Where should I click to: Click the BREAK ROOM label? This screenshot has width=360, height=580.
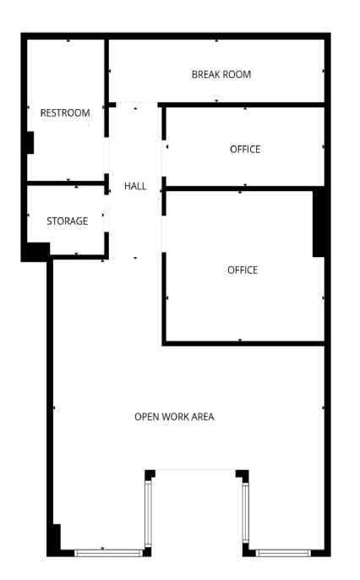point(221,74)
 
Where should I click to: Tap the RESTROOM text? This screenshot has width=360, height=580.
point(65,112)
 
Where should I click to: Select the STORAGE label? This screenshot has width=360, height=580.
point(68,222)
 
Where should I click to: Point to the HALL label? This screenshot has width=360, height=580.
point(135,186)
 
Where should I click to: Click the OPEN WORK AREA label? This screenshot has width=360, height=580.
point(174,417)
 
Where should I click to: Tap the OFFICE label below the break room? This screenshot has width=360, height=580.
point(245,149)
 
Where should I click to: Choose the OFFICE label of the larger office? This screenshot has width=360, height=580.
point(243,270)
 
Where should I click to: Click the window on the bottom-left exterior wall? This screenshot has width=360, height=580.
point(108,553)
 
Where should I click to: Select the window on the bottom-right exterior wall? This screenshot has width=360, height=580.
point(283,553)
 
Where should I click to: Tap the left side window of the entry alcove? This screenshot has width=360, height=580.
point(148,514)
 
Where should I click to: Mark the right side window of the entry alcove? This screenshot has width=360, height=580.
point(246,512)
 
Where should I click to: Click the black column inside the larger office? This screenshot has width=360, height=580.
point(319,224)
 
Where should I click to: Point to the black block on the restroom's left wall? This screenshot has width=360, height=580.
point(30,142)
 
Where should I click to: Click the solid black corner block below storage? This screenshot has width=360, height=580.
point(35,252)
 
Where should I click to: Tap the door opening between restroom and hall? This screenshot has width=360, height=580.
point(106,156)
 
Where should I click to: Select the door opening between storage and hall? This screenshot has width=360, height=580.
point(106,213)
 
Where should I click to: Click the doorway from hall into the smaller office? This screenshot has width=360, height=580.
point(164,158)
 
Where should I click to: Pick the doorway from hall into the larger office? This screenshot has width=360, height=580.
point(164,233)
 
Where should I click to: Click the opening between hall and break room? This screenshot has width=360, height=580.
point(137,104)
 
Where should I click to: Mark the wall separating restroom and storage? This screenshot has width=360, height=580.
point(65,183)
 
